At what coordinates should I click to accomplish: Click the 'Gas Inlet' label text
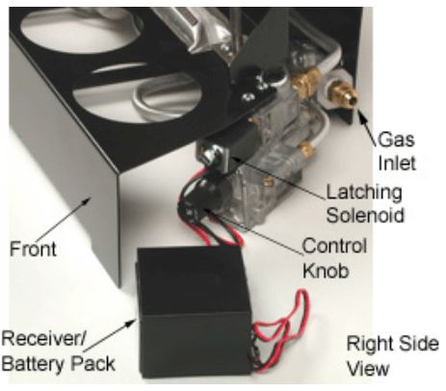click(397, 151)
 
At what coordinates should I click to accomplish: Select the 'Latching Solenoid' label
click(365, 203)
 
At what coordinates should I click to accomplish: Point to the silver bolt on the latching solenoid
click(211, 153)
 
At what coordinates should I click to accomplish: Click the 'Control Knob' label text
click(334, 258)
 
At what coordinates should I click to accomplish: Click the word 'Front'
click(33, 249)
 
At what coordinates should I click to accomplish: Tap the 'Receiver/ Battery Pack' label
click(58, 352)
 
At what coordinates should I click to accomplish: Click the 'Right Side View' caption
click(392, 355)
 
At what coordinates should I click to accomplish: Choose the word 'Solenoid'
click(365, 215)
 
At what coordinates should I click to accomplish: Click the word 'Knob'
click(326, 271)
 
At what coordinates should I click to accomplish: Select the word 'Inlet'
click(397, 163)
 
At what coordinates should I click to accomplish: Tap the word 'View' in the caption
click(368, 368)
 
